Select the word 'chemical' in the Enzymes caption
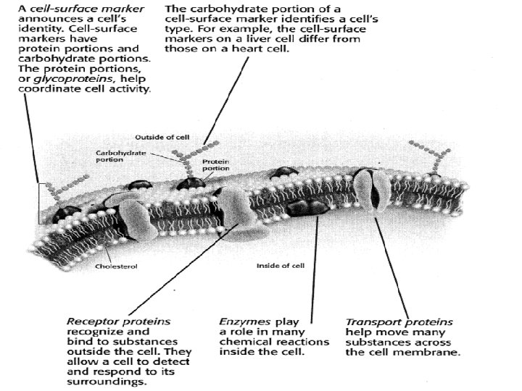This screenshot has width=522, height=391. (244, 342)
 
